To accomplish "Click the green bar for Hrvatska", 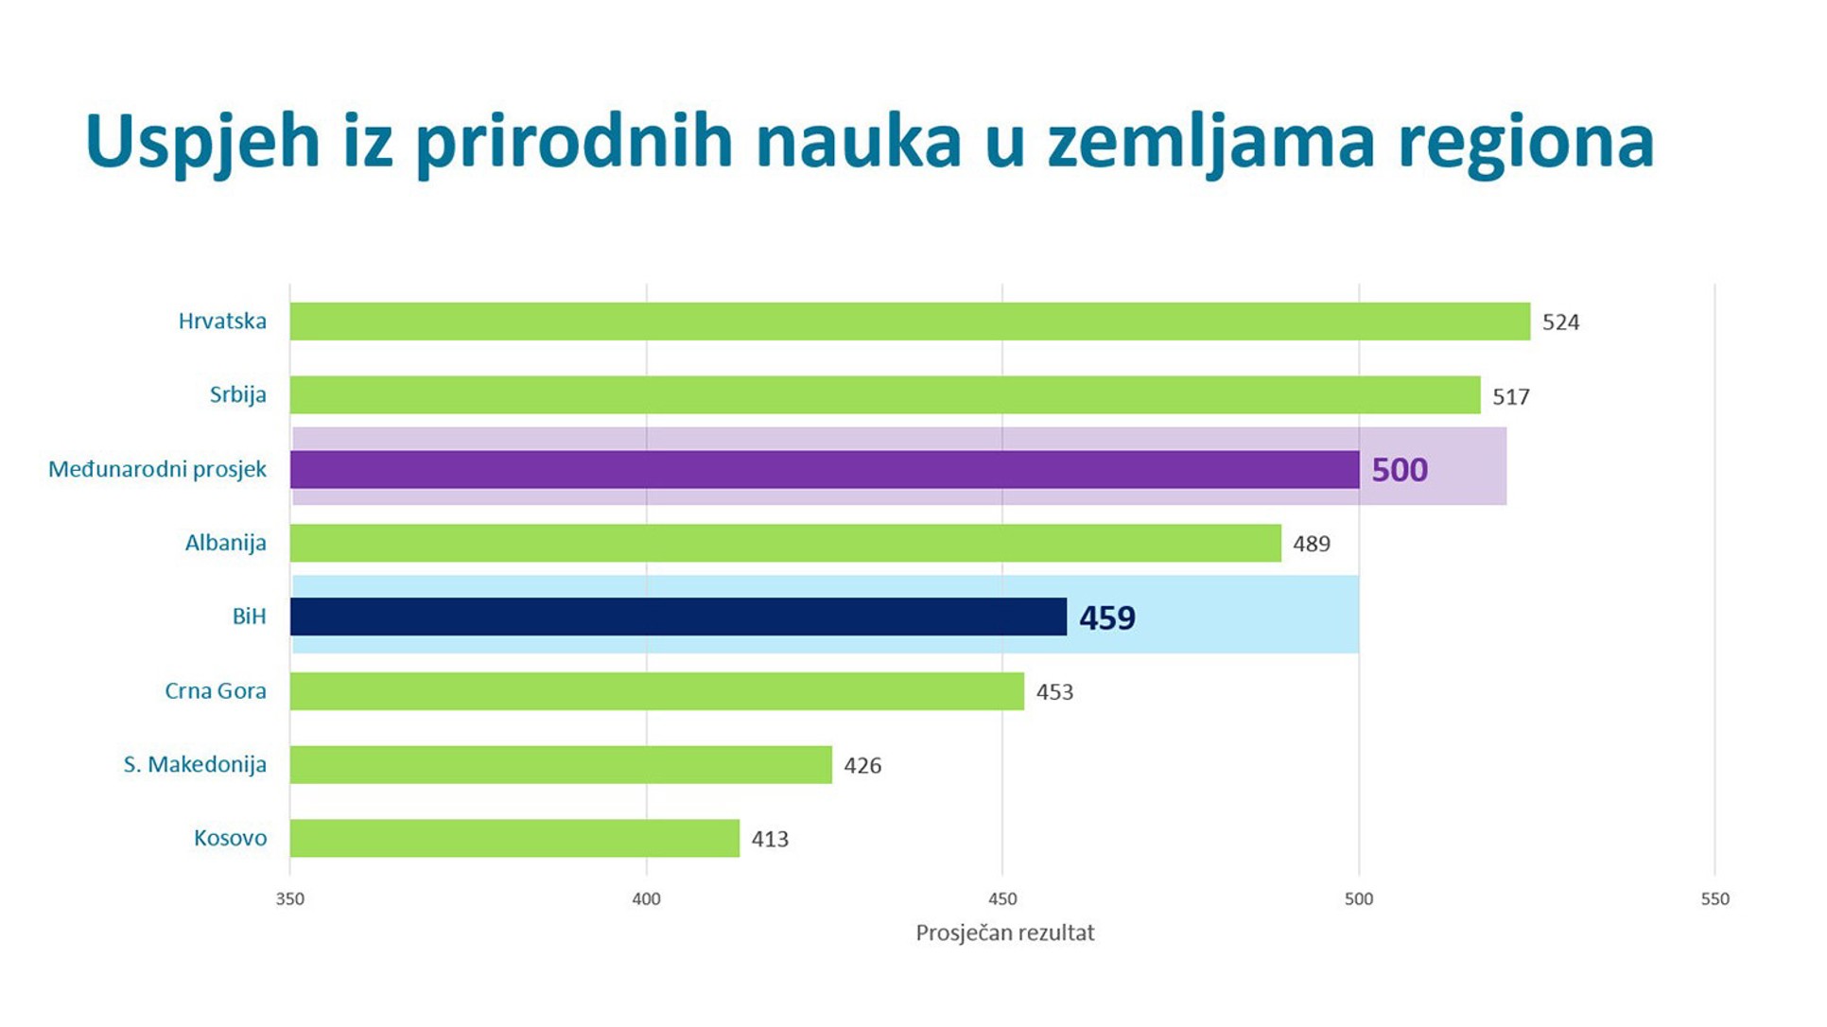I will pyautogui.click(x=910, y=322).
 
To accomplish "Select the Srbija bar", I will pyautogui.click(x=885, y=395).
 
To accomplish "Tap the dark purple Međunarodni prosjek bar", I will pyautogui.click(x=825, y=470).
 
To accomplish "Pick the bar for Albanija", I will pyautogui.click(x=785, y=544).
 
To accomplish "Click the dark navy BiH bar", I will pyautogui.click(x=678, y=617).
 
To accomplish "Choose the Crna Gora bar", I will pyautogui.click(x=657, y=691).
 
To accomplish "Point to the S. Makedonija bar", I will pyautogui.click(x=561, y=765).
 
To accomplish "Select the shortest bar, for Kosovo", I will pyautogui.click(x=514, y=839).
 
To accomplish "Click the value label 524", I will pyautogui.click(x=1560, y=322).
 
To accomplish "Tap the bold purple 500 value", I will pyautogui.click(x=1400, y=470).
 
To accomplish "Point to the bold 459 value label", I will pyautogui.click(x=1107, y=618).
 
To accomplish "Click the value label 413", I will pyautogui.click(x=770, y=840).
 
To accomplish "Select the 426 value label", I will pyautogui.click(x=862, y=766).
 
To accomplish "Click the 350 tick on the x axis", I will pyautogui.click(x=290, y=899).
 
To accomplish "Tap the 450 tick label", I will pyautogui.click(x=1002, y=899).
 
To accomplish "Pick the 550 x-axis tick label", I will pyautogui.click(x=1714, y=899).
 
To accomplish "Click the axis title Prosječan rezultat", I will pyautogui.click(x=1004, y=933).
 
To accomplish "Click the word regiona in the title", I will pyautogui.click(x=1525, y=142).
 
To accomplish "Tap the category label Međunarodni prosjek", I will pyautogui.click(x=157, y=470).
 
